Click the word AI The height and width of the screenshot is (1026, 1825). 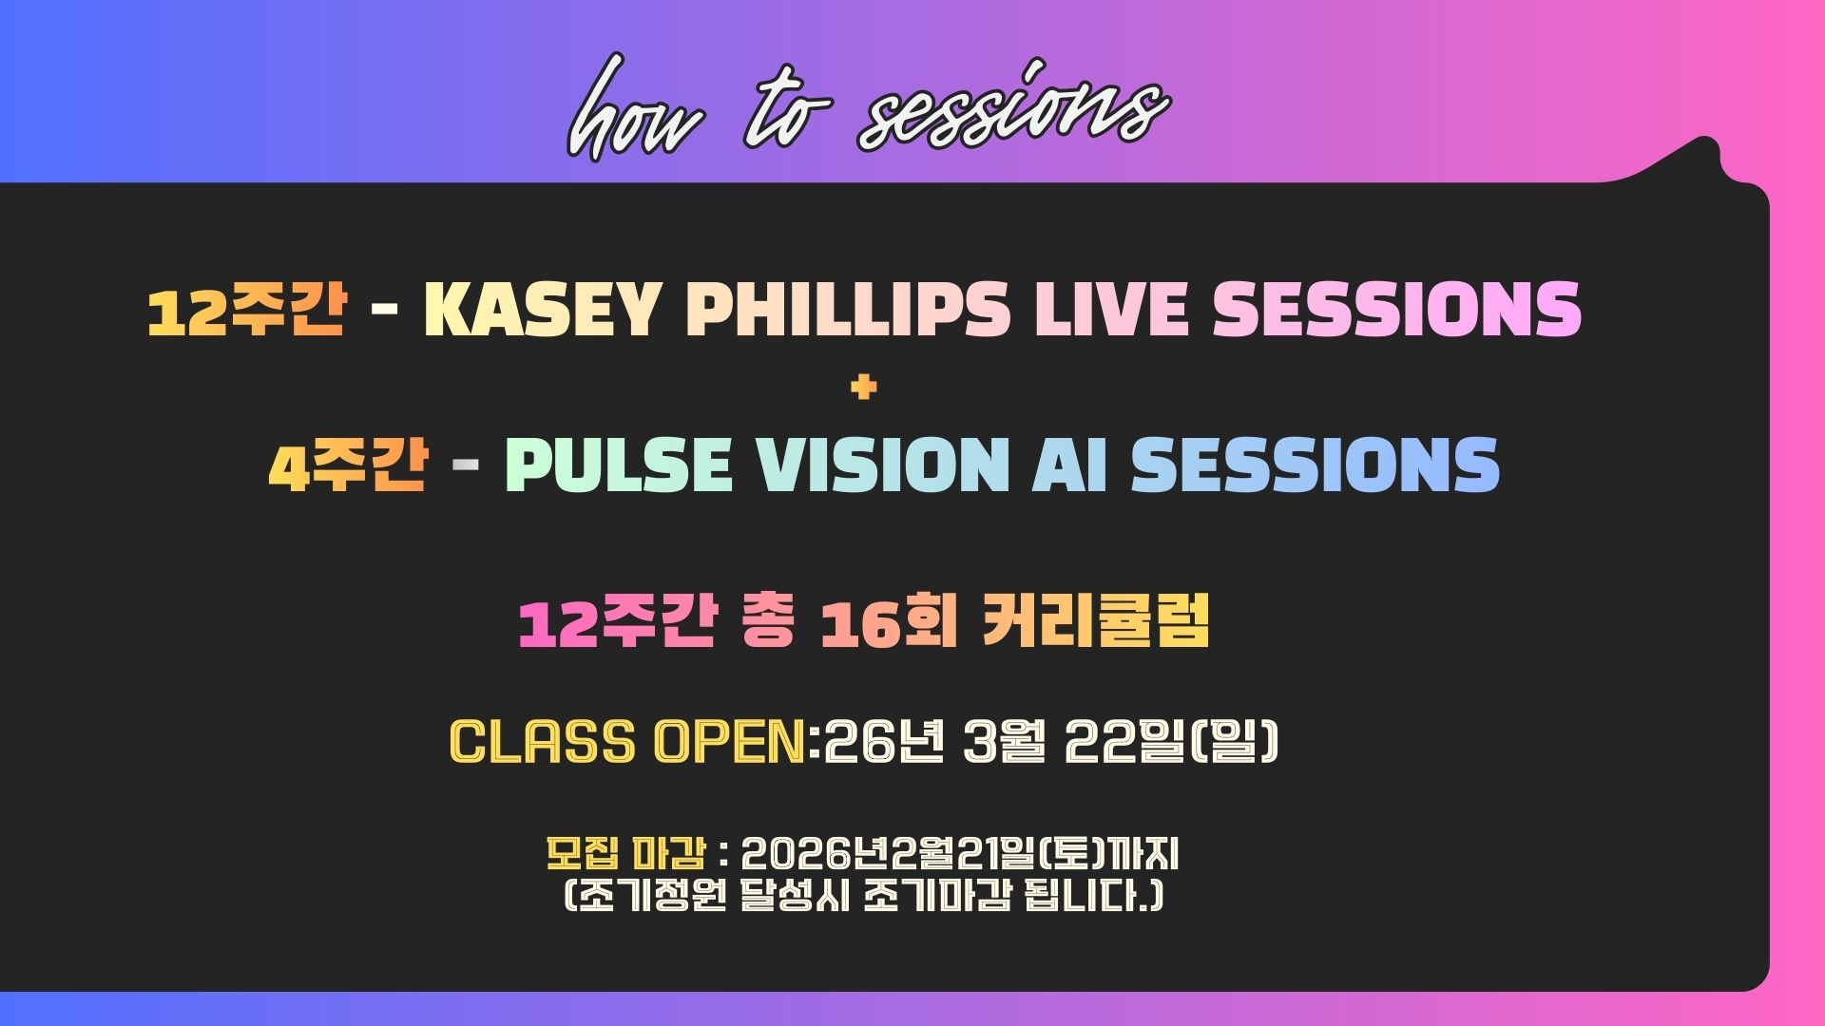[1070, 465]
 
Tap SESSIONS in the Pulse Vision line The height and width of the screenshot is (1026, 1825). [1316, 465]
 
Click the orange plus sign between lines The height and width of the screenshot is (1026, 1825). [864, 387]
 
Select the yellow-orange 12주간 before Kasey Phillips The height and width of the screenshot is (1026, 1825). [246, 310]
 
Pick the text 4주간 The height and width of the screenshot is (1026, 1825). [347, 465]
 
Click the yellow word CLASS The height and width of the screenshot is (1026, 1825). [542, 741]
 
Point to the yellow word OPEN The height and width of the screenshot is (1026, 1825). [730, 741]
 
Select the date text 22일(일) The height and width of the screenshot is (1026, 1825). [1172, 741]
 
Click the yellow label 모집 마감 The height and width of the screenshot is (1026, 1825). [625, 854]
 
